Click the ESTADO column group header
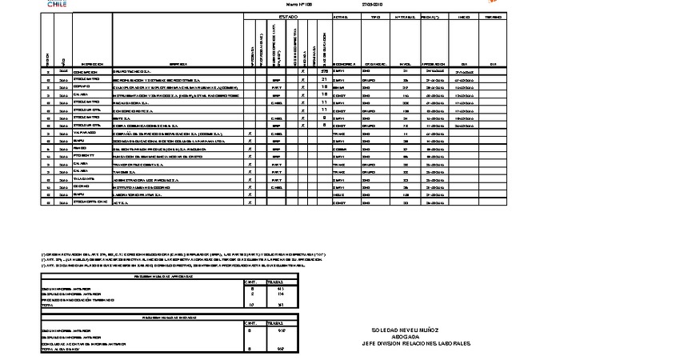pyautogui.click(x=288, y=16)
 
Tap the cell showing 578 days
pyautogui.click(x=323, y=71)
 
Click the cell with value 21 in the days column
pyautogui.click(x=323, y=79)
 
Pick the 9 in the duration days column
pyautogui.click(x=323, y=117)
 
